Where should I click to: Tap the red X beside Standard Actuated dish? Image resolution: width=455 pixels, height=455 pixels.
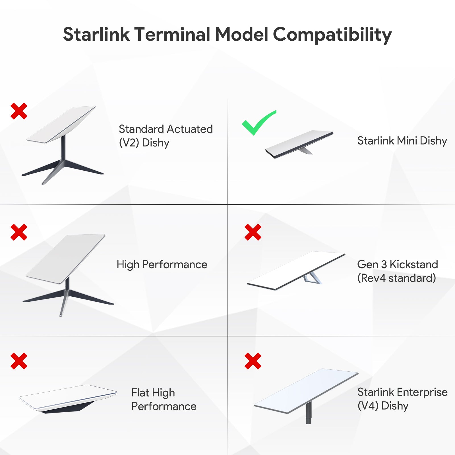[x=19, y=111]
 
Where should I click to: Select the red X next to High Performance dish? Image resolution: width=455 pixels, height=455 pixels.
[x=19, y=232]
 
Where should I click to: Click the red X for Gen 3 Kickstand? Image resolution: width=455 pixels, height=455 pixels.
[x=253, y=232]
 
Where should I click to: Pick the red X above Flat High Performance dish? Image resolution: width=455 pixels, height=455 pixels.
[x=19, y=361]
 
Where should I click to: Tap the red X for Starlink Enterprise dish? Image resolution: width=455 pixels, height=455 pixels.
[x=253, y=361]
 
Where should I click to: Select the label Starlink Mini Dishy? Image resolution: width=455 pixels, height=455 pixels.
[x=402, y=141]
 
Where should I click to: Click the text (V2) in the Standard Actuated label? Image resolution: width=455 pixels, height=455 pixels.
[x=129, y=143]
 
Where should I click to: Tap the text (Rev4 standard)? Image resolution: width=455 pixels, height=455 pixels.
[x=396, y=278]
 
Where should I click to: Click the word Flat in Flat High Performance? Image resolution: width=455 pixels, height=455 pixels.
[x=140, y=393]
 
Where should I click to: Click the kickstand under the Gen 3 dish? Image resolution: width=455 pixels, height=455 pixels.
[x=312, y=278]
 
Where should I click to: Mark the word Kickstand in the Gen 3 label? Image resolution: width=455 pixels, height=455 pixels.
[x=413, y=264]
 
